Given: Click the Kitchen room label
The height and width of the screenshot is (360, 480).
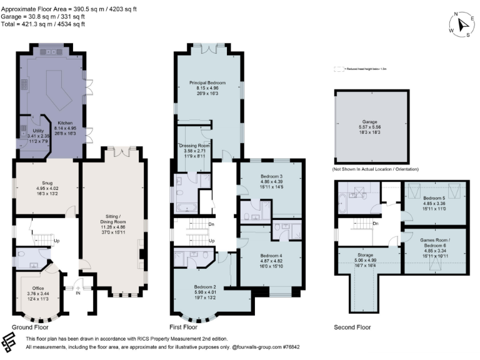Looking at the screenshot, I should point(66,123).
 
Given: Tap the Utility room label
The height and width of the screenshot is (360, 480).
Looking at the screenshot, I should point(38,131).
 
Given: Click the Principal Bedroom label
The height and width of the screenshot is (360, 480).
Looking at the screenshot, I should point(207,82).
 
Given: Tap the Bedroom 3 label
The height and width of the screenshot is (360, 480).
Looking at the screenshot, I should point(272,176).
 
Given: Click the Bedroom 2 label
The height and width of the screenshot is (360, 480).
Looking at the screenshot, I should point(205,287).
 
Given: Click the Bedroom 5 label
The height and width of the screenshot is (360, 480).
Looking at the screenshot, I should point(434,197).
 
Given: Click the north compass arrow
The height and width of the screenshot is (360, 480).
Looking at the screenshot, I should point(463,24).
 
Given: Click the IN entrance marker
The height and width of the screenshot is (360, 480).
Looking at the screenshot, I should point(78,292).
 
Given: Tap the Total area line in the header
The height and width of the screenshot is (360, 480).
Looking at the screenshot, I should point(42,24).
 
